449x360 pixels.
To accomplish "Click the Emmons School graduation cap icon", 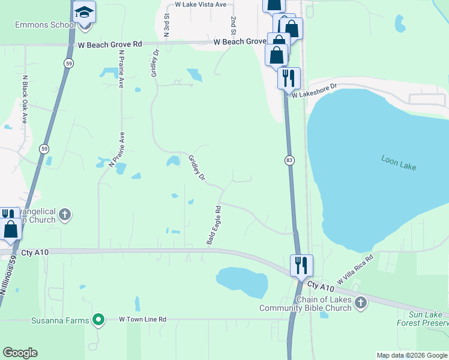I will (x=85, y=12).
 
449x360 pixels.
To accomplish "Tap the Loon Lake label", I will (x=399, y=161).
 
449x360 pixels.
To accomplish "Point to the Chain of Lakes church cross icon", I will (x=360, y=303).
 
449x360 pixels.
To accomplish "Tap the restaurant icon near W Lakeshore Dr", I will (x=289, y=78).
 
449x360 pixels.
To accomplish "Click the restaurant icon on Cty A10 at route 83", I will (x=301, y=265).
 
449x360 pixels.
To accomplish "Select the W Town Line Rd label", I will (x=142, y=320).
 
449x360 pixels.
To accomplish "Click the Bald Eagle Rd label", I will (x=214, y=225).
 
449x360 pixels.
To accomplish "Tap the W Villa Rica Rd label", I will (x=355, y=269).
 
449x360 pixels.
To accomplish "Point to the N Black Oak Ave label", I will (x=25, y=99).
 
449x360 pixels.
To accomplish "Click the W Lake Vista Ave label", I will (x=200, y=4).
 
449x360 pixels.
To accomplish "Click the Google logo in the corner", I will (x=20, y=353).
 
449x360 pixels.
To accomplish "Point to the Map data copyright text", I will (x=412, y=355).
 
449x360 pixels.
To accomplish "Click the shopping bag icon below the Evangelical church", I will (x=11, y=229).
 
